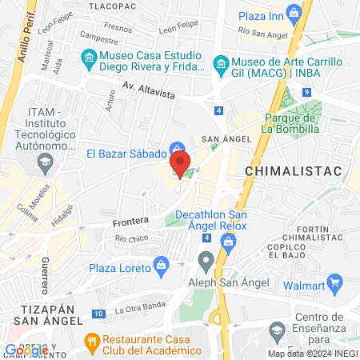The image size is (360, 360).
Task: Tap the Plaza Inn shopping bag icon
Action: pos(295,13)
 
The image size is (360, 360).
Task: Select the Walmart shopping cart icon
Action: pos(334,282)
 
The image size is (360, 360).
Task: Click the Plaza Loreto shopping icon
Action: pos(162,263)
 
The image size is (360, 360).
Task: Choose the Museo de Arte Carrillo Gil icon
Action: pos(219,63)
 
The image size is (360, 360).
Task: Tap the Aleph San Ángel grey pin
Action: pos(207,260)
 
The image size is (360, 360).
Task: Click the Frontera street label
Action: pos(130,220)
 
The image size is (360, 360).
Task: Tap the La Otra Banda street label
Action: pos(140,310)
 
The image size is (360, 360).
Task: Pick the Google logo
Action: pos(26,350)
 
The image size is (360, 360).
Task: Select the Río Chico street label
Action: pos(132,238)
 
